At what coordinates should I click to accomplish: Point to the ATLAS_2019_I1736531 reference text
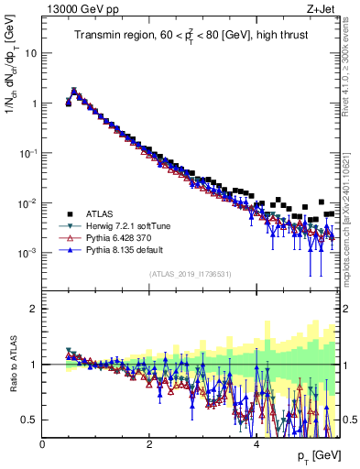pyautogui.click(x=190, y=273)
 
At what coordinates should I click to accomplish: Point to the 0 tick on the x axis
pyautogui.click(x=43, y=444)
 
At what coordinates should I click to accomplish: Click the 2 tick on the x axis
pyautogui.click(x=150, y=444)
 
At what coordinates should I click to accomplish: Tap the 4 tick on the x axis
pyautogui.click(x=257, y=444)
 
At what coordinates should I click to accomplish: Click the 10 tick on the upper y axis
pyautogui.click(x=29, y=53)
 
